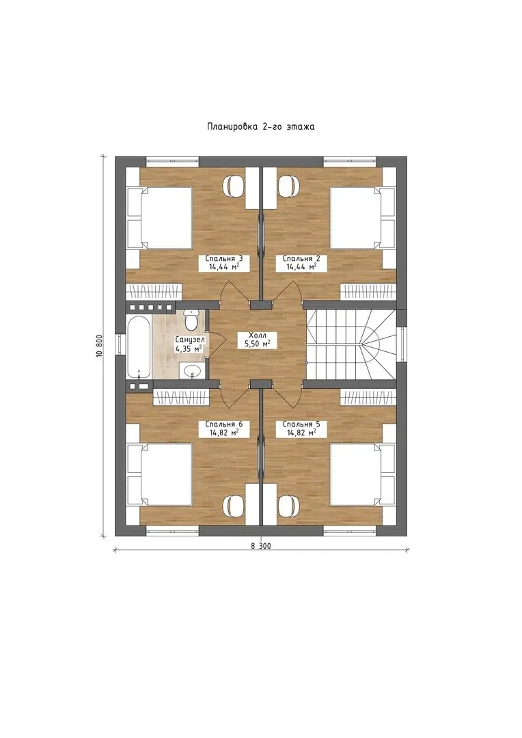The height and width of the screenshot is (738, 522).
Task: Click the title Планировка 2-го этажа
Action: (x=261, y=126)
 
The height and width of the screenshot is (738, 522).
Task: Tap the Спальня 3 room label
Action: (x=224, y=262)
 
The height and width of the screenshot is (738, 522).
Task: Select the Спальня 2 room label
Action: (x=301, y=262)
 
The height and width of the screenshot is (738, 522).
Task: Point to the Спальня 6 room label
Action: (x=224, y=428)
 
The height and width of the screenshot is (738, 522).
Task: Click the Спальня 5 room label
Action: (x=301, y=428)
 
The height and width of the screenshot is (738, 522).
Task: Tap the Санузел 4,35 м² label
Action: (x=189, y=344)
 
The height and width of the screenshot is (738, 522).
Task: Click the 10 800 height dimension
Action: (x=99, y=347)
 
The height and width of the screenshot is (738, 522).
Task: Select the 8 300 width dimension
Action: (x=261, y=546)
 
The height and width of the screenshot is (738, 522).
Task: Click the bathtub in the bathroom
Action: (x=139, y=347)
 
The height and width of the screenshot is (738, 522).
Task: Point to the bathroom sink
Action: (x=192, y=371)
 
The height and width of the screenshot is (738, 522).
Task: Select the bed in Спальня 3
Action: (x=160, y=218)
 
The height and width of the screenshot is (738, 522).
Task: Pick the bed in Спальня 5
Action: (x=362, y=474)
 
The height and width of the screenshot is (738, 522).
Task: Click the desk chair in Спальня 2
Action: (x=288, y=185)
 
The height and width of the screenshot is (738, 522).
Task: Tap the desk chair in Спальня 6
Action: (x=234, y=506)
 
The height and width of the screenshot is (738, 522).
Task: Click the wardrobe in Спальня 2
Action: (x=369, y=291)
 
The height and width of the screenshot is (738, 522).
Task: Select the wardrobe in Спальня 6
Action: (x=181, y=396)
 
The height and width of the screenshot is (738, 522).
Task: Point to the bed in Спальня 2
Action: (x=362, y=218)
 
